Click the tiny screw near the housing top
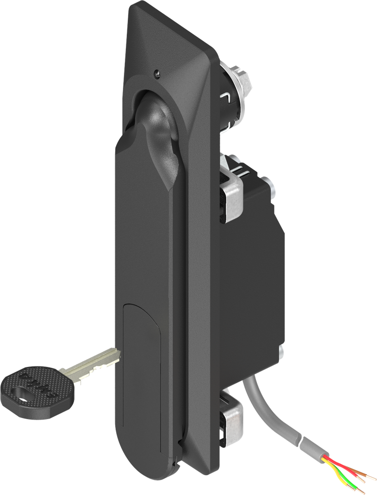coord(156,73)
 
